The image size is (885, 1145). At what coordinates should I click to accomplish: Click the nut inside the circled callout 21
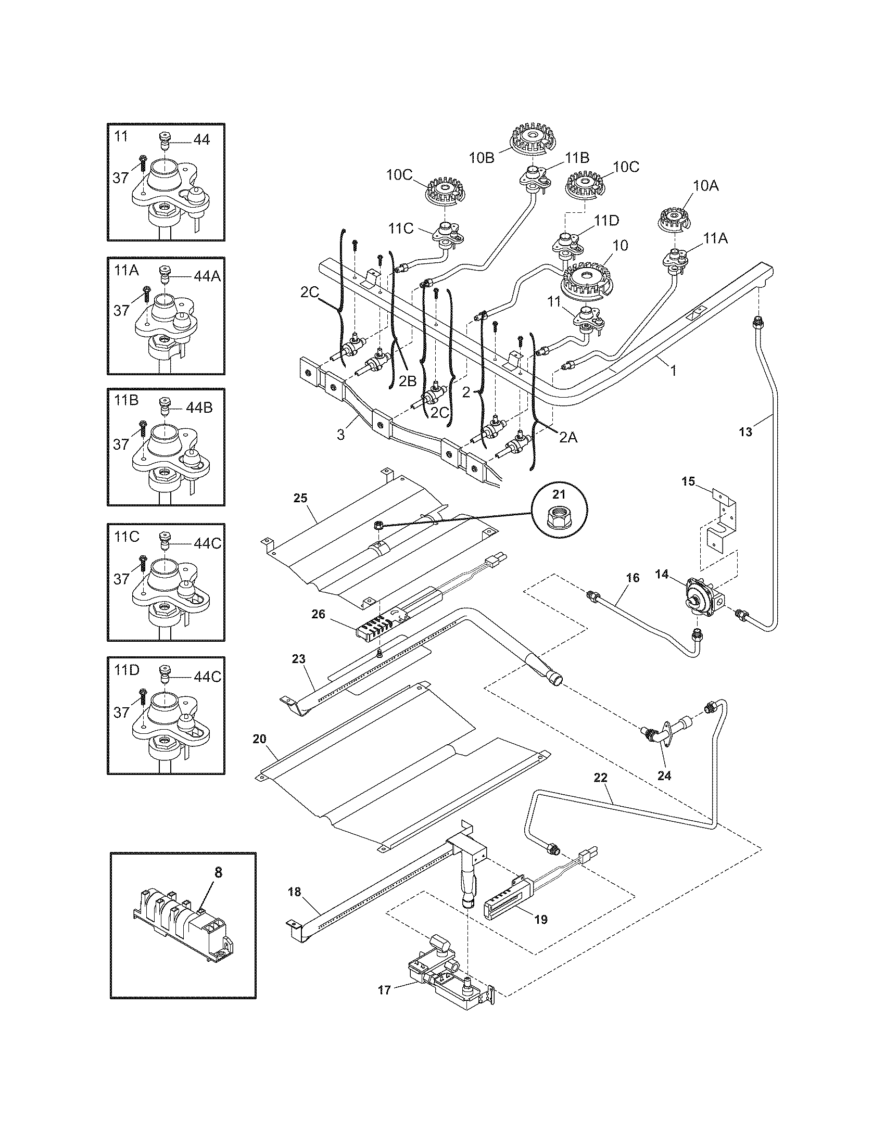point(559,518)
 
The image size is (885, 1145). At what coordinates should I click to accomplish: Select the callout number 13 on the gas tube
point(745,432)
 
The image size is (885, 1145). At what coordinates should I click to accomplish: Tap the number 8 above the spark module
point(218,872)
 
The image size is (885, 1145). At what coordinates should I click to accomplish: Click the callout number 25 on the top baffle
point(300,498)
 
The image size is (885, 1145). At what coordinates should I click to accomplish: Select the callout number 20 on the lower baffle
point(260,739)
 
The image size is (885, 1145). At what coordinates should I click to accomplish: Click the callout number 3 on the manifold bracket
point(341,434)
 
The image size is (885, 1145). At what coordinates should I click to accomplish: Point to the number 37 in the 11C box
point(121,579)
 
